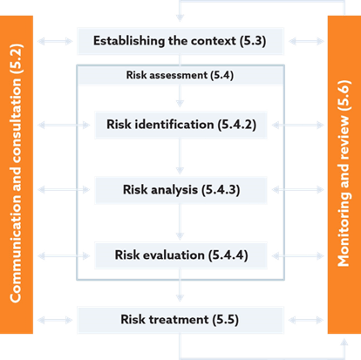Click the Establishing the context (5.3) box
tap(180, 41)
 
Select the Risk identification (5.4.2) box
tap(180, 125)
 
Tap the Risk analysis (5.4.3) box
tap(180, 190)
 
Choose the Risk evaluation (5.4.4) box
tap(180, 255)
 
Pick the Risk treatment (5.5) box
tap(180, 320)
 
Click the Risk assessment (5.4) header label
tap(180, 75)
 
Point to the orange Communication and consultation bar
tap(17, 174)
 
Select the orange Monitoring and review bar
tap(344, 174)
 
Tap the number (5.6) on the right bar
tap(344, 95)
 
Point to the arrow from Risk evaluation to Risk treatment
tap(180, 285)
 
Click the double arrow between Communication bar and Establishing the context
tap(55, 41)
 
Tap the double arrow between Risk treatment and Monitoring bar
tap(306, 320)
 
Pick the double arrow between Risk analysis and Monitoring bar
tap(298, 190)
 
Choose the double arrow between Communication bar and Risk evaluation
tap(64, 255)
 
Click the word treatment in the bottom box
tap(179, 320)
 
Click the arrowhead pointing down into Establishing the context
tap(180, 18)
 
